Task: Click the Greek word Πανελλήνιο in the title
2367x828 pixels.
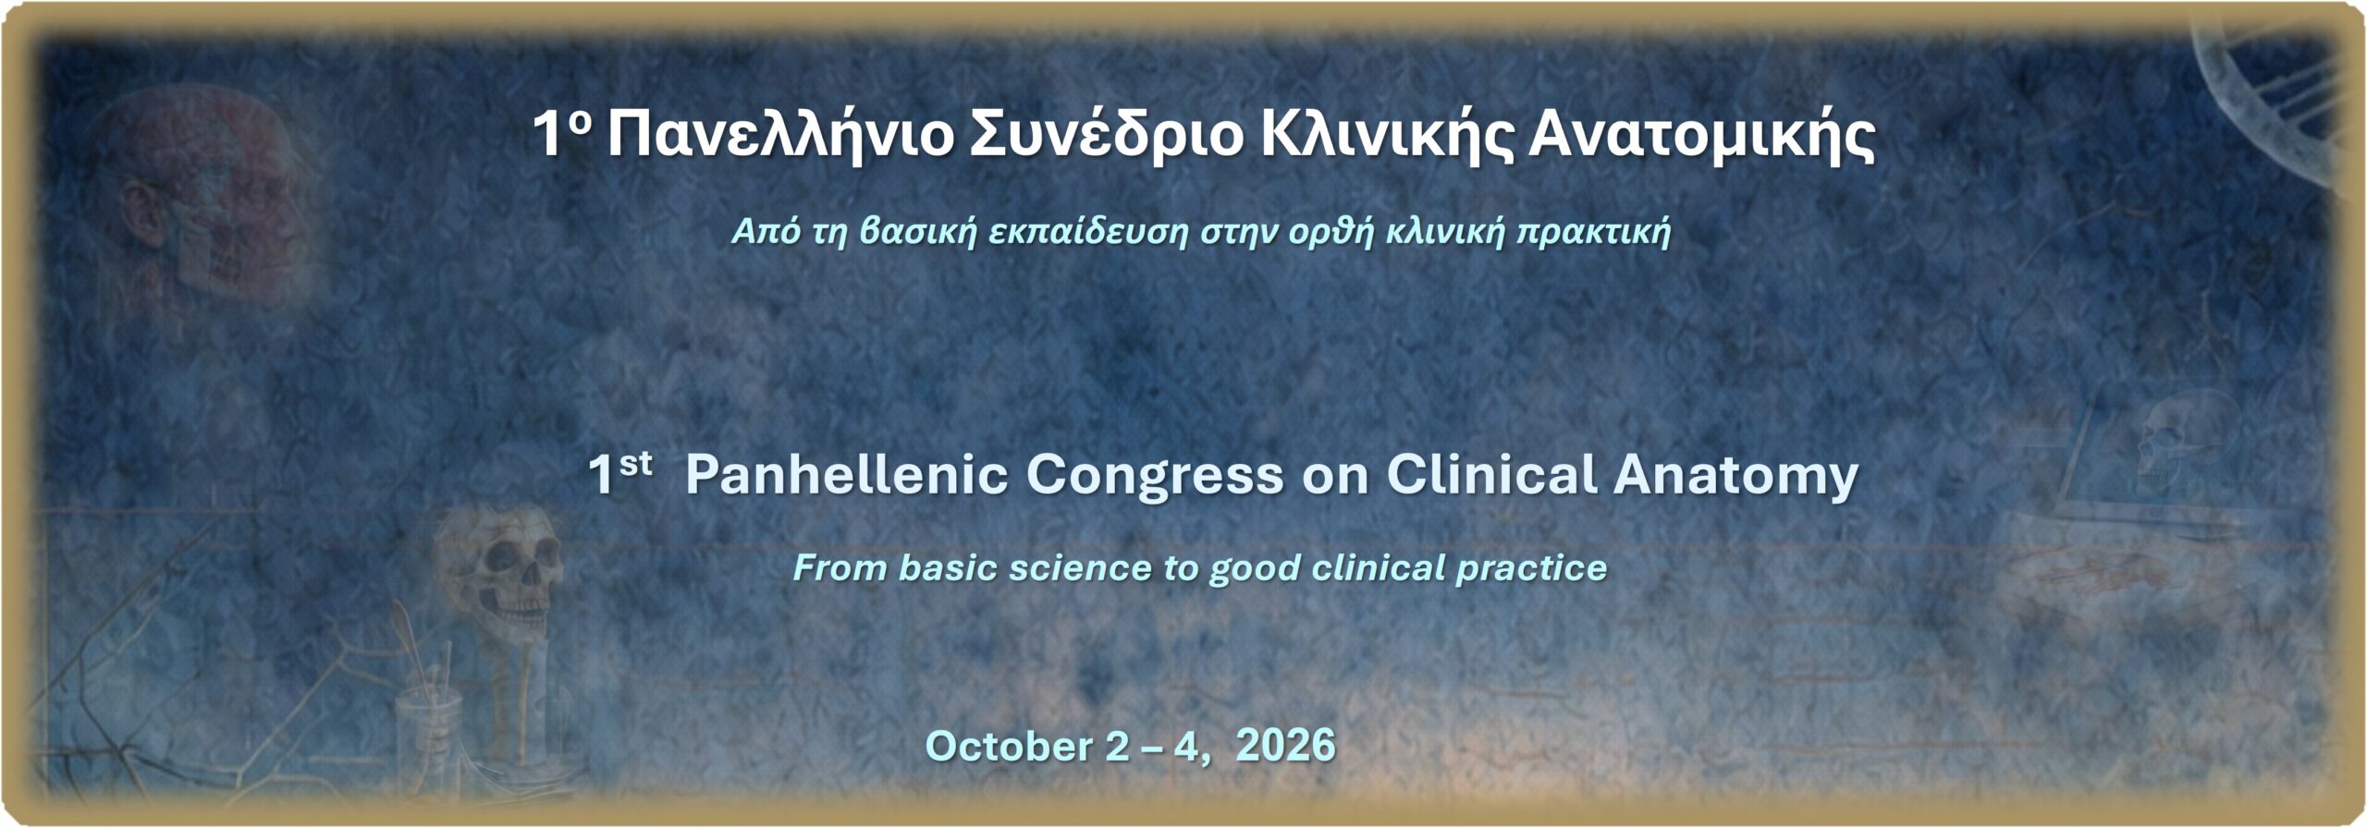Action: coord(779,136)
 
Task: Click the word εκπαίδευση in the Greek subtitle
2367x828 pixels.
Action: coord(1087,232)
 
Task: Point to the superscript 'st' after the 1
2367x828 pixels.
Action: coord(636,464)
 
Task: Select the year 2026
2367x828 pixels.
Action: coord(1285,745)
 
